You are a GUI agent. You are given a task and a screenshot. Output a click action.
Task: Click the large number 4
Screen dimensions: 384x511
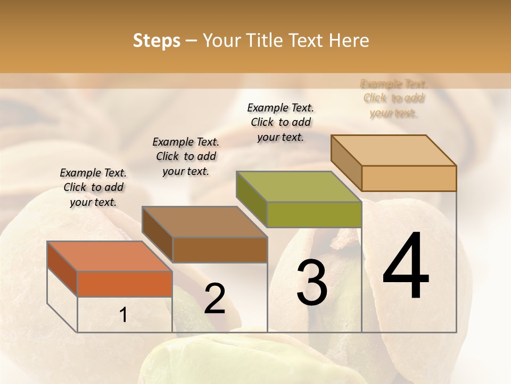coord(406,267)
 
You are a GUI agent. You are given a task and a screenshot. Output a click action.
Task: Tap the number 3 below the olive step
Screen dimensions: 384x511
coord(312,283)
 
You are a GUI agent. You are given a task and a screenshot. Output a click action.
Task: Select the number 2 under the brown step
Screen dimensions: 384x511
coord(215,299)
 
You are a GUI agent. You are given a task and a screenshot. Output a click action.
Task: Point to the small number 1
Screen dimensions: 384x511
coord(123,315)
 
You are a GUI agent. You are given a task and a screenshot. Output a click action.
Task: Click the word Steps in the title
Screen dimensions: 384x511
coord(156,41)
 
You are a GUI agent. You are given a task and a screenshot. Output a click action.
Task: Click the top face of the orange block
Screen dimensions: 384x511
coord(110,256)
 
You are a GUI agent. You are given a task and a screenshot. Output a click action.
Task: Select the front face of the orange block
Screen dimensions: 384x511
coord(125,284)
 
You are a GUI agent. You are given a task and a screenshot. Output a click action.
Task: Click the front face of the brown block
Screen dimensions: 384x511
coord(219,250)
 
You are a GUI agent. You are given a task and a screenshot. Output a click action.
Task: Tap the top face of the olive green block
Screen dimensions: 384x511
coord(299,187)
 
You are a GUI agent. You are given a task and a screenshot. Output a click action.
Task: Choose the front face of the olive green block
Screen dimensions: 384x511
coord(314,214)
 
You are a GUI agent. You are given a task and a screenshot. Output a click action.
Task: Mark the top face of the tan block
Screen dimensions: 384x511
coord(394,150)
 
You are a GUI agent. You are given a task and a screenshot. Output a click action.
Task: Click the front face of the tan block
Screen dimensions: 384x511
coord(409,178)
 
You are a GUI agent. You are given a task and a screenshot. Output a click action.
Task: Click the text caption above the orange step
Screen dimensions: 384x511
coord(93,187)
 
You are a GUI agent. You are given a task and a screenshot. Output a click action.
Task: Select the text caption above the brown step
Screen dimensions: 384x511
coord(186,156)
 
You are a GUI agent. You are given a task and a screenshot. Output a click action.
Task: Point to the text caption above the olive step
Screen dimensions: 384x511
coord(281,122)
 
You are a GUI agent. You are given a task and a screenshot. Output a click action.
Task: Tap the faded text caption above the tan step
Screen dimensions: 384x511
coord(394,98)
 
